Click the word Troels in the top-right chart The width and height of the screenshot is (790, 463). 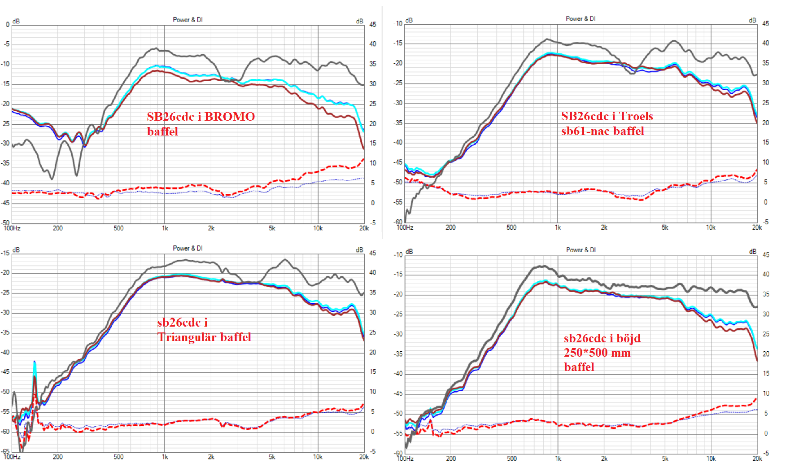[636, 116]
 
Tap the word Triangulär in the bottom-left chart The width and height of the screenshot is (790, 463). [187, 337]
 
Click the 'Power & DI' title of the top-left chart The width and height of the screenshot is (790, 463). [188, 20]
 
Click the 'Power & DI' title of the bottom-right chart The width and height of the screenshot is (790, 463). [580, 250]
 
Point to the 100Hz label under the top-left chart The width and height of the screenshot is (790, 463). [12, 228]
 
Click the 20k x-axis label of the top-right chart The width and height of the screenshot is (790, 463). [756, 227]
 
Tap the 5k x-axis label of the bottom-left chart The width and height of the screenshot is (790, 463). [272, 457]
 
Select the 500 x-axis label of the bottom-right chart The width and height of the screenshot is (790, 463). [511, 459]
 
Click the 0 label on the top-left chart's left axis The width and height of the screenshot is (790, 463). [8, 25]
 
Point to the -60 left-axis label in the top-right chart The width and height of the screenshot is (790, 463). [398, 222]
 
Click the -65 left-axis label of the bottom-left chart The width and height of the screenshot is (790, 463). [5, 451]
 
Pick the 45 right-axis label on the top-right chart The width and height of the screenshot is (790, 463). [765, 23]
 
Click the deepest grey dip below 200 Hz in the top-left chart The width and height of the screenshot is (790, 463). [52, 179]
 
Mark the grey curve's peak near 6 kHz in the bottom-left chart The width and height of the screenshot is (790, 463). [284, 260]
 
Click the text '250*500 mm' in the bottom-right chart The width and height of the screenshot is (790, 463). [597, 353]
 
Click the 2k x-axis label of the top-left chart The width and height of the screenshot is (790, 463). [211, 228]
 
